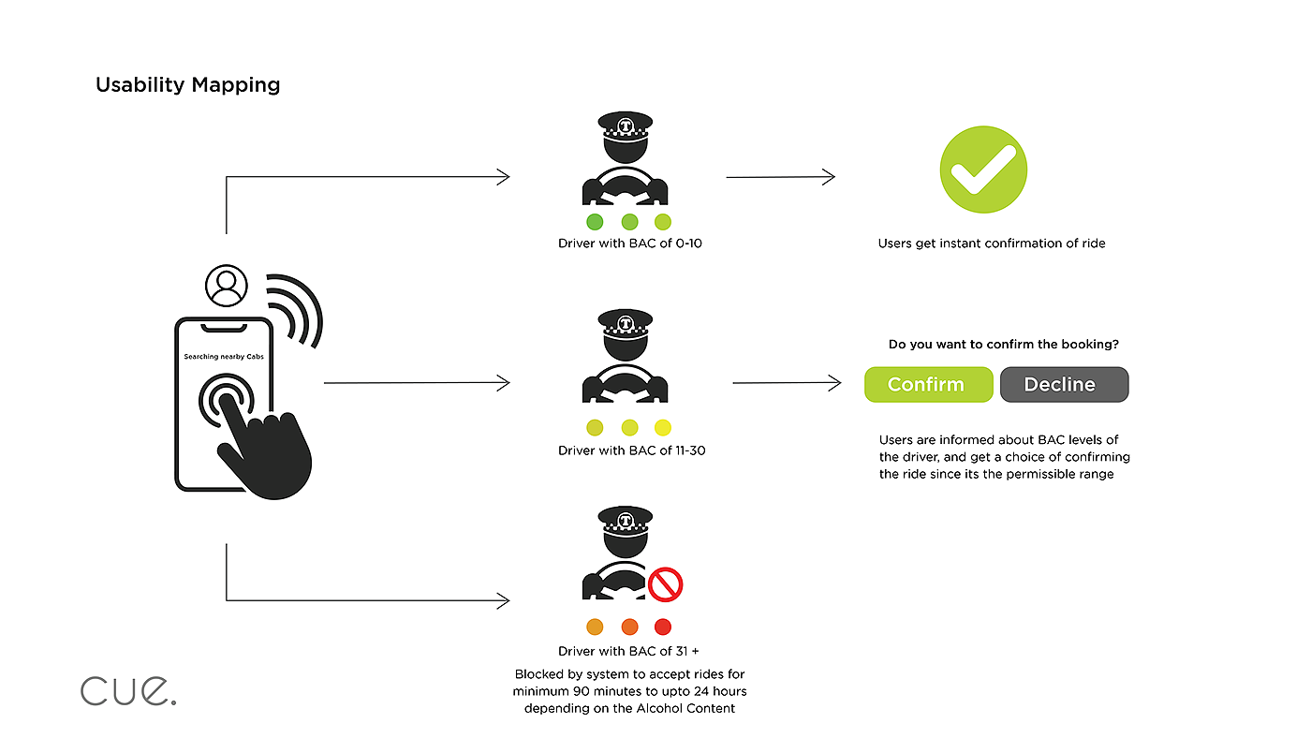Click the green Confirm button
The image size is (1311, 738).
[x=927, y=385]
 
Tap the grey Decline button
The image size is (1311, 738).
[x=1064, y=385]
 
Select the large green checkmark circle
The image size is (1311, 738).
[x=983, y=170]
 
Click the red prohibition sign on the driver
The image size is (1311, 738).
[x=665, y=585]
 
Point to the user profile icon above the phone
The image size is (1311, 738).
[x=226, y=286]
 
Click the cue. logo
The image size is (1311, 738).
[x=128, y=691]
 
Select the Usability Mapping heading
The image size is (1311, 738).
[x=187, y=85]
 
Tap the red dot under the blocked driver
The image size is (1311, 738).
[x=663, y=627]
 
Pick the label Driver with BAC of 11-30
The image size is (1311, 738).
[x=631, y=450]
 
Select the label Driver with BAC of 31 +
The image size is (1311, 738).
[x=628, y=651]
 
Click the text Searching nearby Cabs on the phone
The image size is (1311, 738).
[x=224, y=357]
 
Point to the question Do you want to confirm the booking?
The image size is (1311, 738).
[x=1003, y=345]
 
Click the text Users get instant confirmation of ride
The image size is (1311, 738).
[x=991, y=244]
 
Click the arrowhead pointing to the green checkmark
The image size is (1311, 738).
[x=829, y=177]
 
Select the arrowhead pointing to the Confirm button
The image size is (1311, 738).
[x=835, y=383]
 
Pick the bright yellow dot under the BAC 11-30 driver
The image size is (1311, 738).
[x=663, y=428]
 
